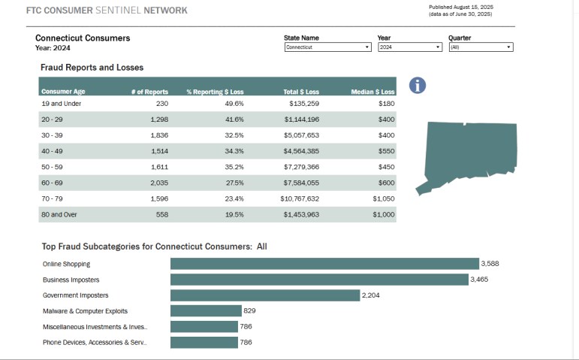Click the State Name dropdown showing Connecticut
(x=327, y=47)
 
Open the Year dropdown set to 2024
(x=409, y=47)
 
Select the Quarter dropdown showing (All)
(x=480, y=47)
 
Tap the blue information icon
(x=418, y=86)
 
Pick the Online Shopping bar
(x=324, y=264)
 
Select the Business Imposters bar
(x=318, y=280)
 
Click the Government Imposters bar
(x=265, y=295)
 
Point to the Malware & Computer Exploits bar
(x=206, y=311)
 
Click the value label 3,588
(x=490, y=264)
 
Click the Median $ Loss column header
(x=372, y=92)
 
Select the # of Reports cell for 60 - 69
(x=158, y=183)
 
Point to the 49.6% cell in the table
(x=234, y=104)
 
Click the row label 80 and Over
(x=60, y=215)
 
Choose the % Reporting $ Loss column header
(x=216, y=92)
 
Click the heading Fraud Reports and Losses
(x=92, y=68)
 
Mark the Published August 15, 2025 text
(x=461, y=8)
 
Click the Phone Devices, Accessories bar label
(x=95, y=343)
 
